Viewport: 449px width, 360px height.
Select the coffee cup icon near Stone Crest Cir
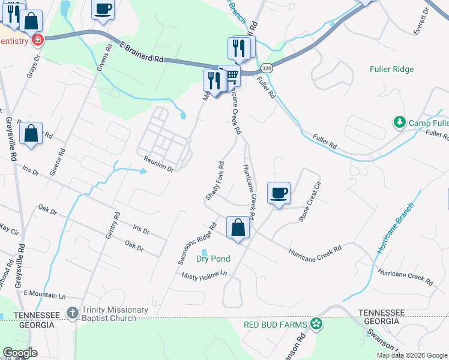click(279, 193)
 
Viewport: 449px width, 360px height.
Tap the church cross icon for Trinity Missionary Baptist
click(72, 313)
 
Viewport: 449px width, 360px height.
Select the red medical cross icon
click(38, 40)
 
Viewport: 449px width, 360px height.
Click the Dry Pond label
click(213, 259)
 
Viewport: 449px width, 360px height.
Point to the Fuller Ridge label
click(392, 69)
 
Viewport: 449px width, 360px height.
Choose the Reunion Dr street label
click(158, 163)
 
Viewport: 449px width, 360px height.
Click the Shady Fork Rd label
click(215, 181)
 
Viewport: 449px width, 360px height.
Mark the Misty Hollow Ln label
click(206, 274)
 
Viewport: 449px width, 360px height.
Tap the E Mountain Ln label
click(44, 295)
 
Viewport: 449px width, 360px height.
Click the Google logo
click(20, 353)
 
